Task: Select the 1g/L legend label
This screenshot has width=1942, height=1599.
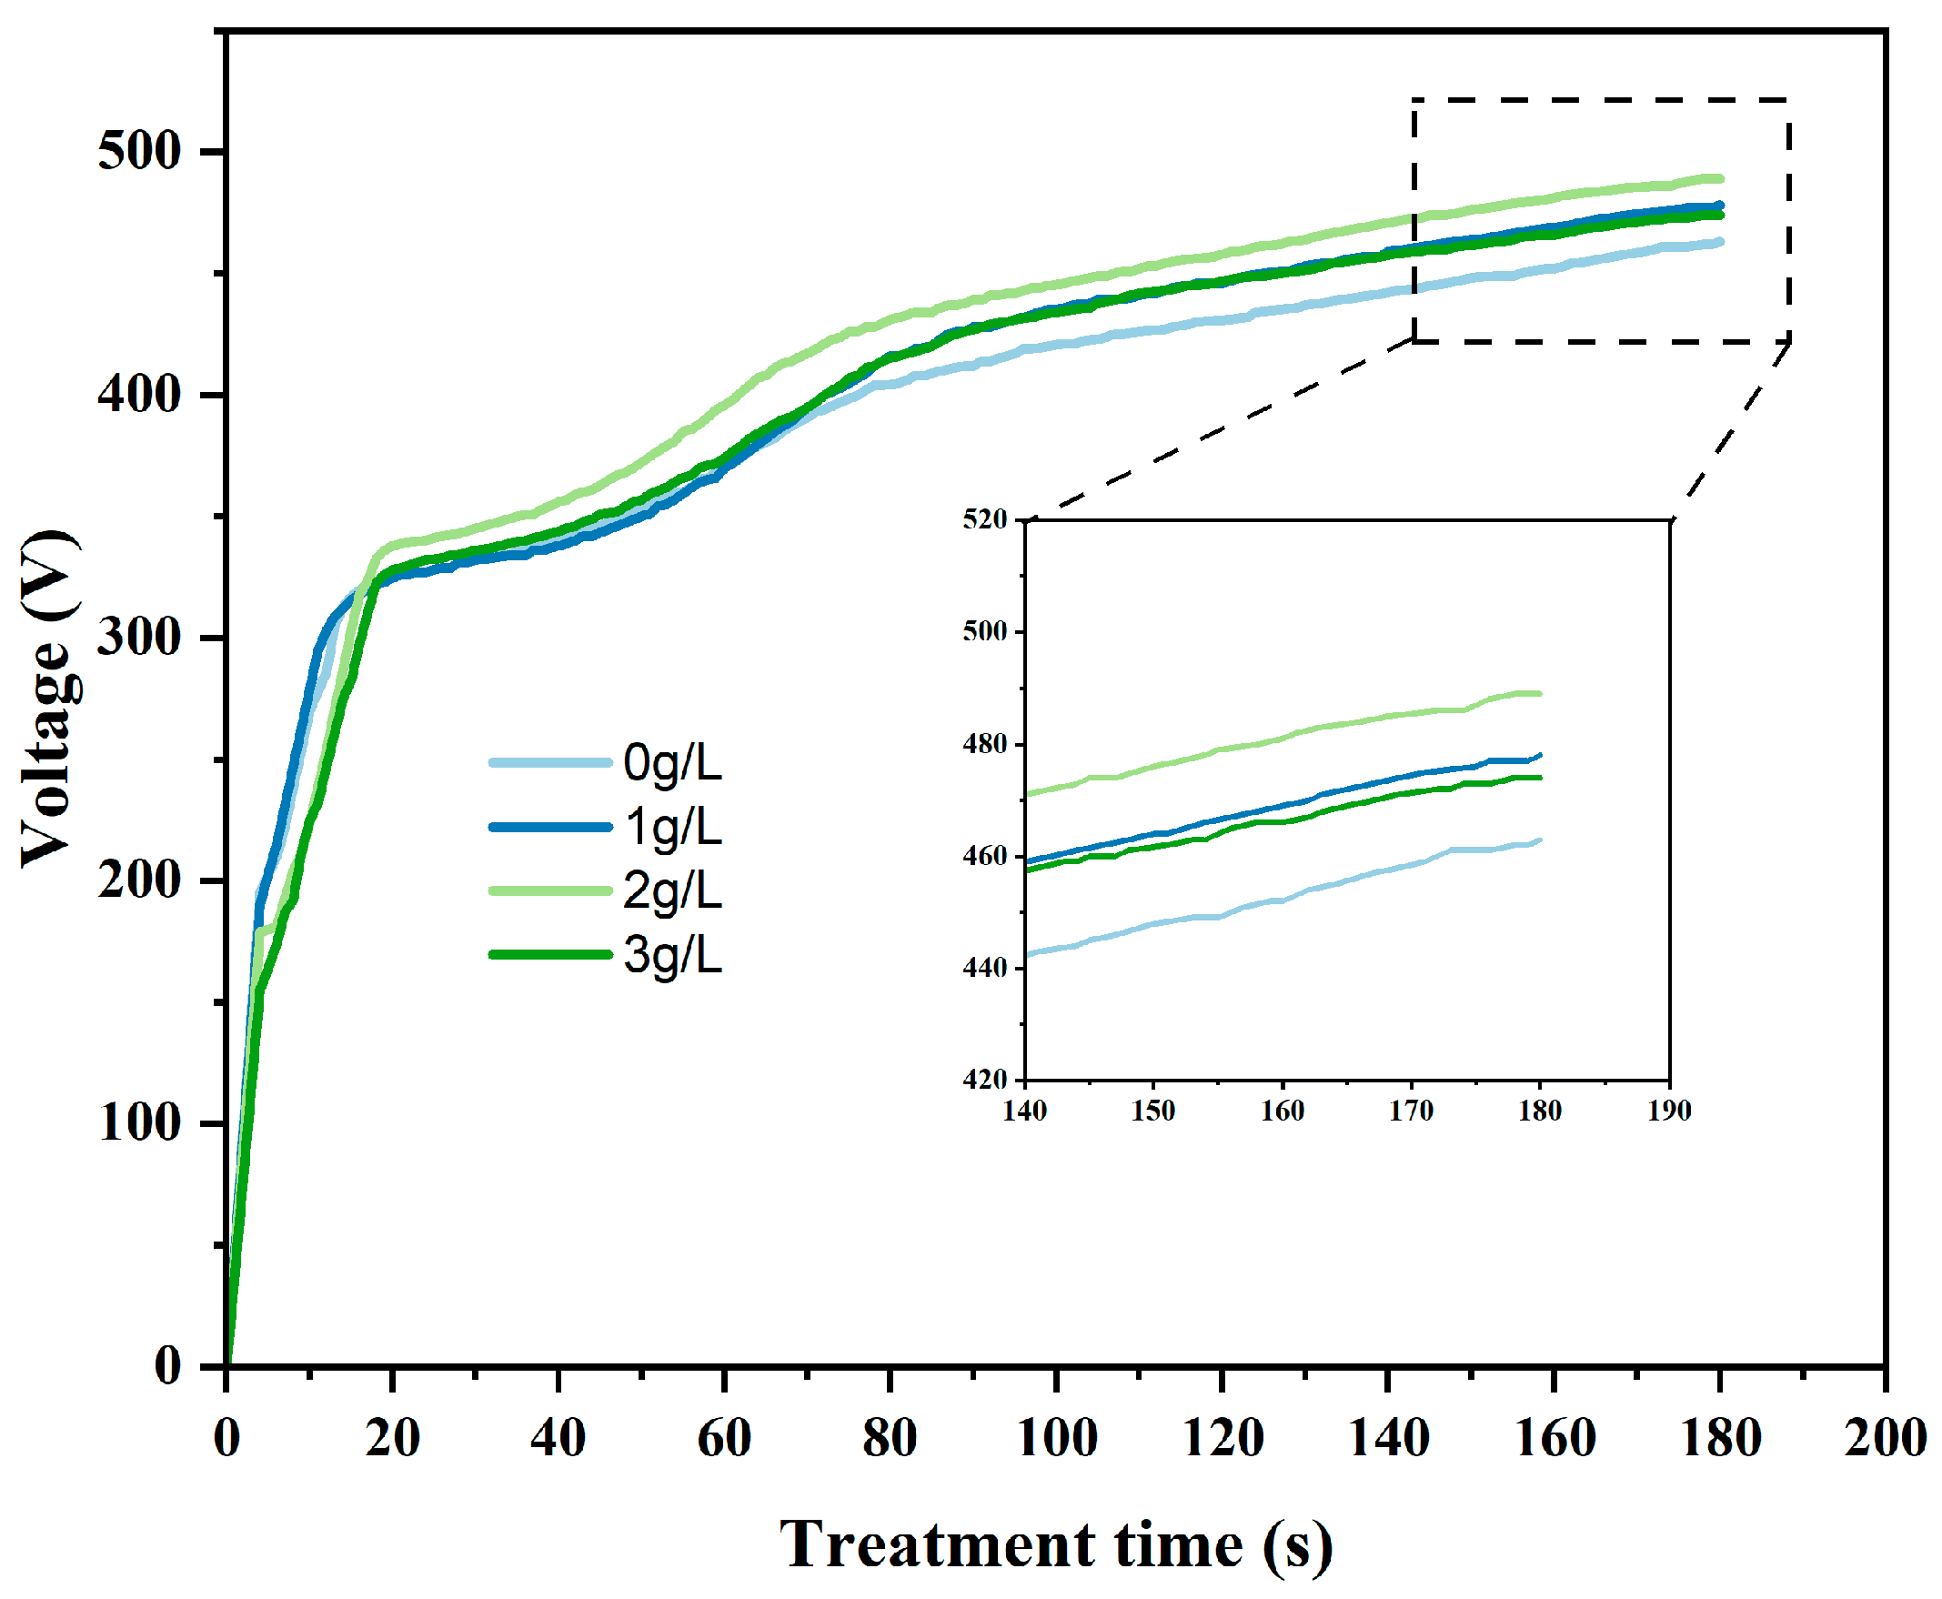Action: (672, 827)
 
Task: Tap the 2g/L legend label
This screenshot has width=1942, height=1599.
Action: (672, 890)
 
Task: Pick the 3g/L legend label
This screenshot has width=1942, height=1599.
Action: (672, 955)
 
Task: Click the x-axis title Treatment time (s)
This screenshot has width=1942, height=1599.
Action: (1056, 1544)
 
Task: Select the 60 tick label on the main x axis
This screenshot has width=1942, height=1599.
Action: (724, 1438)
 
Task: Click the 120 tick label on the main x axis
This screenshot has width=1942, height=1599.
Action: (1223, 1438)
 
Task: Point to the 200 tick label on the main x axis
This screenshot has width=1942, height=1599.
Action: (1885, 1438)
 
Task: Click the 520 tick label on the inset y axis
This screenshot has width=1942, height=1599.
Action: (985, 520)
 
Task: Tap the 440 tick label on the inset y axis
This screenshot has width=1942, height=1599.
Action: (985, 968)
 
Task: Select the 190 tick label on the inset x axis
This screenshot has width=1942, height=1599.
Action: (1669, 1111)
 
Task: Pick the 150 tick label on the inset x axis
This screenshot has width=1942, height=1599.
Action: (1153, 1111)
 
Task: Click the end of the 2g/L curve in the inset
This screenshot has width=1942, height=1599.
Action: (1539, 694)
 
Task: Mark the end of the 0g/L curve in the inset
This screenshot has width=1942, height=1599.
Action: (1539, 840)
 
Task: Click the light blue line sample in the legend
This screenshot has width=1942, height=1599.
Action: (550, 762)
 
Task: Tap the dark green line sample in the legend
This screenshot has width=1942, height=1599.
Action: (550, 954)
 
